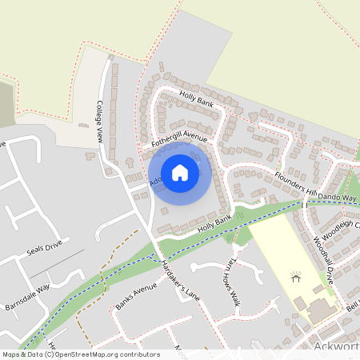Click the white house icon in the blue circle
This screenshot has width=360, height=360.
pos(180,172)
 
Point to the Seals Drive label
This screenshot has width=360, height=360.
pos(44,249)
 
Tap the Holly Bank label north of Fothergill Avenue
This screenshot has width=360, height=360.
pos(197,101)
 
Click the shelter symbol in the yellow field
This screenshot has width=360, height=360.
pos(296,277)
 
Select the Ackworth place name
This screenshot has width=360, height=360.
pos(335,346)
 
